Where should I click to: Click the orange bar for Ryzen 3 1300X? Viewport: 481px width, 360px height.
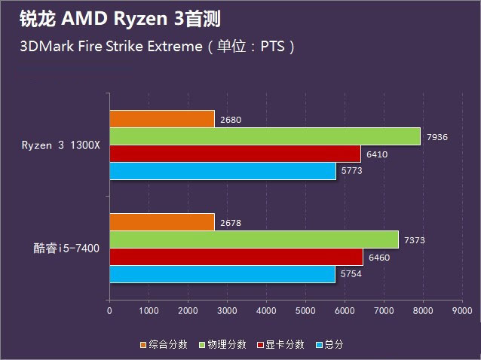(161, 118)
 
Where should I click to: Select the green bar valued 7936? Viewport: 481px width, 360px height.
(265, 136)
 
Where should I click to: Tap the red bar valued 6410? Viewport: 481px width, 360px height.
(235, 154)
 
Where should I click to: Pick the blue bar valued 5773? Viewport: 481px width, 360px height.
(222, 172)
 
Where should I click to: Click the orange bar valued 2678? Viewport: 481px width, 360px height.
(161, 221)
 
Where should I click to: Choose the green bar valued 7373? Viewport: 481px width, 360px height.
(253, 239)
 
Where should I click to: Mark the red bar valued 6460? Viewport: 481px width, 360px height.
(236, 257)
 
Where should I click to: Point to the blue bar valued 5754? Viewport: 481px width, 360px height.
(222, 274)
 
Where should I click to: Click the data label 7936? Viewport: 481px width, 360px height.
(437, 137)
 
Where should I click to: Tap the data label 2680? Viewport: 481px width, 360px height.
(231, 119)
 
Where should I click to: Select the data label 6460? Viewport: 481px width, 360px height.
(379, 258)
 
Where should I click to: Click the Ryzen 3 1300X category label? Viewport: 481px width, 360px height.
(60, 145)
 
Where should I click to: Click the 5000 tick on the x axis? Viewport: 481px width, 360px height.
(305, 310)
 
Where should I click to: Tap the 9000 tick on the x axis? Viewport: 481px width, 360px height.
(462, 310)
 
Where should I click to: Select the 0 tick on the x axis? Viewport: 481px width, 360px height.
(109, 310)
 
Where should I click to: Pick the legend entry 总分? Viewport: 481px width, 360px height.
(332, 344)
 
